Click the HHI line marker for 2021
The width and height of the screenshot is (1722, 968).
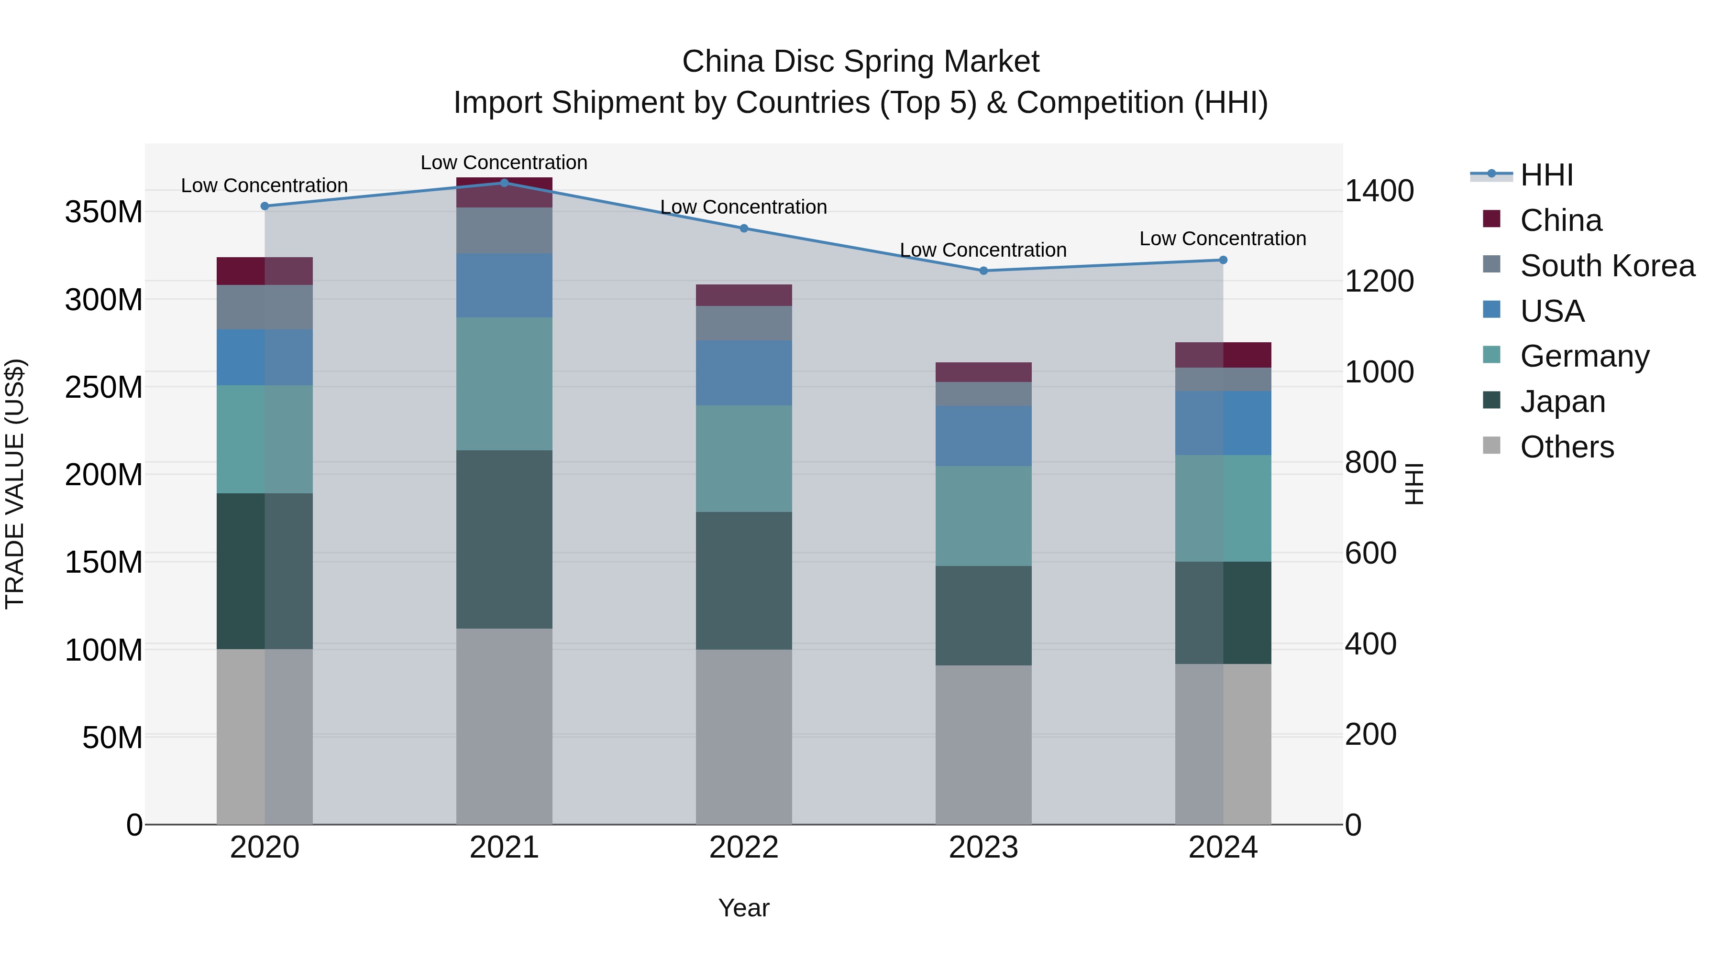(504, 183)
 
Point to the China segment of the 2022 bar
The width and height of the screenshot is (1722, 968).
(743, 295)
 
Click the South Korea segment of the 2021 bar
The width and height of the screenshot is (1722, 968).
(504, 230)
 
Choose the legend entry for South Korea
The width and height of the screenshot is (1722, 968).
(1607, 266)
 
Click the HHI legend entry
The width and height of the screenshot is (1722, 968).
(1546, 175)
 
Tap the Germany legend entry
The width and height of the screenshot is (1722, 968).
(1584, 356)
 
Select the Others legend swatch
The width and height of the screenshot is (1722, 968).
(1491, 446)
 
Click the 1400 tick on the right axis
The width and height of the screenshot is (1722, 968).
(1379, 191)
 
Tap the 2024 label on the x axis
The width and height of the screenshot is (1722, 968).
(1223, 848)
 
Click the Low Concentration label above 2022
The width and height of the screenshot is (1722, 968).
(743, 207)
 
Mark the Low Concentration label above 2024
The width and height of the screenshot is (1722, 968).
(1223, 239)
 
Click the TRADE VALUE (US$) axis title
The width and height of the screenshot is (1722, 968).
(15, 484)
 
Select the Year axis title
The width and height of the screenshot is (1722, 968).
(743, 908)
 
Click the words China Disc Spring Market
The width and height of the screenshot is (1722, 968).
(861, 62)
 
